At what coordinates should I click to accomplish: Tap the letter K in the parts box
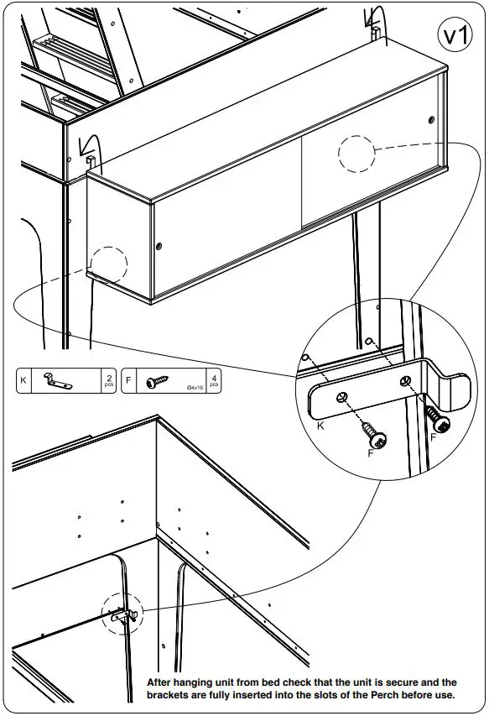[23, 381]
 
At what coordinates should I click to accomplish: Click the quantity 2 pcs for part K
[108, 380]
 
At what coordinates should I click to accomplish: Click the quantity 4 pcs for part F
[215, 380]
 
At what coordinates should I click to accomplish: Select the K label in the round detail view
[321, 426]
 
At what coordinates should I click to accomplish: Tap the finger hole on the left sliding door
[159, 246]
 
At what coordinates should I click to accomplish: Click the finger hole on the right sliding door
[432, 119]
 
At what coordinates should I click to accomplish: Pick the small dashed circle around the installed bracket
[122, 615]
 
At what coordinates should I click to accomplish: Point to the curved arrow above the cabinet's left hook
[86, 146]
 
